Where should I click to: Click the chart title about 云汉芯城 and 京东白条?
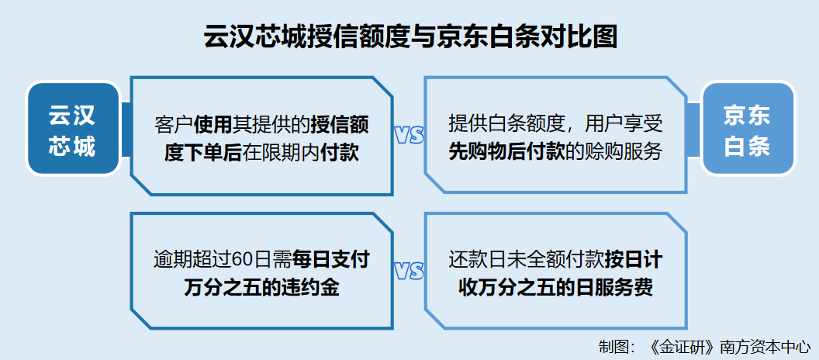(x=410, y=37)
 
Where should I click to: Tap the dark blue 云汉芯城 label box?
(x=73, y=128)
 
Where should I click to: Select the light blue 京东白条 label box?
(x=748, y=128)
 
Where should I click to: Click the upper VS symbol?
(x=409, y=136)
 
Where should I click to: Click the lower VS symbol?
(x=409, y=272)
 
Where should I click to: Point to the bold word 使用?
(x=213, y=126)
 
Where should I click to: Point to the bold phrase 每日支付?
(x=331, y=261)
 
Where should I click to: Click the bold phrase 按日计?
(x=634, y=261)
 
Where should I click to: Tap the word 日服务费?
(x=615, y=288)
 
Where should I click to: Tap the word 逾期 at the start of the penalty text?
(x=173, y=261)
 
